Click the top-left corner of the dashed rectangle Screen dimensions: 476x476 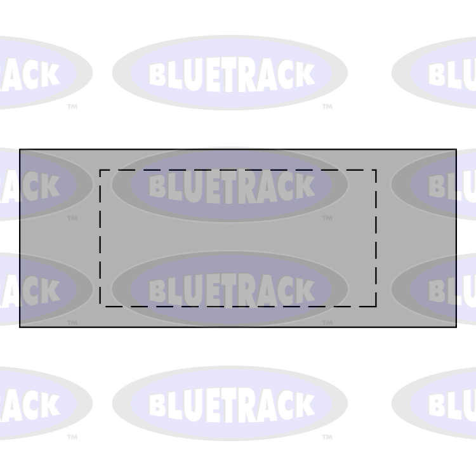(x=100, y=170)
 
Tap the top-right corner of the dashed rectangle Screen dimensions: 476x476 (x=376, y=170)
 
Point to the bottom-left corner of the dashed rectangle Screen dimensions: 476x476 (x=100, y=307)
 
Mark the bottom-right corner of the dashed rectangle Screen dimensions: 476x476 (x=376, y=307)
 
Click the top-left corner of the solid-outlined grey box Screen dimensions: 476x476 (x=20, y=150)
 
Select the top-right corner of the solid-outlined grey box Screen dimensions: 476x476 (x=456, y=150)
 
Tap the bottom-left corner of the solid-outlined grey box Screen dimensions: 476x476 (x=20, y=327)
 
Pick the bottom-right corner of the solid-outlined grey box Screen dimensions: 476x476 (x=456, y=327)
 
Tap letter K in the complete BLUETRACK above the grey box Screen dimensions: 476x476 (x=305, y=75)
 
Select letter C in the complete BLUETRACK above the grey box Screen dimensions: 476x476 (x=284, y=76)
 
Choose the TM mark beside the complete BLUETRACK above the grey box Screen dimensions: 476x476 (x=327, y=107)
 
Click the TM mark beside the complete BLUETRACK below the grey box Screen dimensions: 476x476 (x=327, y=437)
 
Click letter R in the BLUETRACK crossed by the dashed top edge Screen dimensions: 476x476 (x=246, y=187)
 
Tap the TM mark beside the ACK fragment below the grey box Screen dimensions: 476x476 (x=72, y=437)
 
